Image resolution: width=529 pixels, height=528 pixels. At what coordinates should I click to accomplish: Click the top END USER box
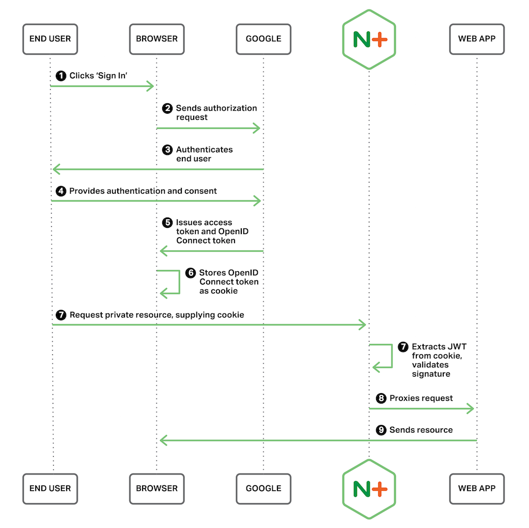[50, 39]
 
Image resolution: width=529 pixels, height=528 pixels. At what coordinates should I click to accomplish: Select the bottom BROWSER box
[157, 488]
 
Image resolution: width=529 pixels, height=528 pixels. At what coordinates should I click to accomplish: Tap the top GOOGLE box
[263, 39]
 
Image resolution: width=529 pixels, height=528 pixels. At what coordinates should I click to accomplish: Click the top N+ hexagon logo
[369, 39]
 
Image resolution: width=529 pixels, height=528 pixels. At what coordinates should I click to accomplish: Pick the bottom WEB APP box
[476, 488]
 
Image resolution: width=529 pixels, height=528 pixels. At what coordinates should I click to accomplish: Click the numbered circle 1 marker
[61, 76]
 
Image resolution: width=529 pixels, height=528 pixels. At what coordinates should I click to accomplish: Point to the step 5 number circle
[167, 223]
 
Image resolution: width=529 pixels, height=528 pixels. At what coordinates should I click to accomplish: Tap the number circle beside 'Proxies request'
[381, 398]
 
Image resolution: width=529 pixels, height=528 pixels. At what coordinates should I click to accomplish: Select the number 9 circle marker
[381, 430]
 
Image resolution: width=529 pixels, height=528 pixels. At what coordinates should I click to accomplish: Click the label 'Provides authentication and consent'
[143, 191]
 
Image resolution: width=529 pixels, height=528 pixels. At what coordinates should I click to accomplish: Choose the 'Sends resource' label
[421, 430]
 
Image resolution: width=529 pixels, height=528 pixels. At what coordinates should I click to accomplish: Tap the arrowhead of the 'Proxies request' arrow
[470, 409]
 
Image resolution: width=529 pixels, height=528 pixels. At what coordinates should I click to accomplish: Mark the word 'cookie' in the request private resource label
[231, 315]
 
